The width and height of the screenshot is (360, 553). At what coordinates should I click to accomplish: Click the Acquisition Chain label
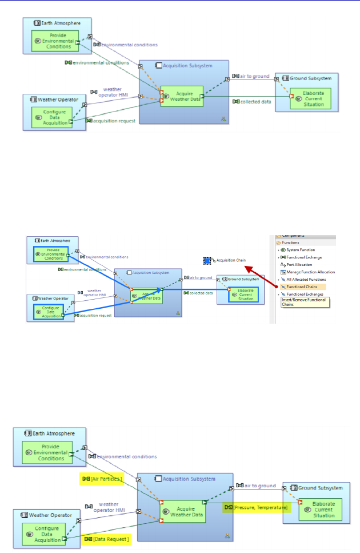231,260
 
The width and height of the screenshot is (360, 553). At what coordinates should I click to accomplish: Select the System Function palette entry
299,250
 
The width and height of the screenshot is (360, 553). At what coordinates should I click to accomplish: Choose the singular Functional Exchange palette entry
302,257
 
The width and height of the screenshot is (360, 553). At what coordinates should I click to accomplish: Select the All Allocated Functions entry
303,280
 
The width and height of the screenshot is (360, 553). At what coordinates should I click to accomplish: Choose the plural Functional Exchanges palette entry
303,294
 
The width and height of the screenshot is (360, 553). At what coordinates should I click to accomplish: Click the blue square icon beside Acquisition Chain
208,260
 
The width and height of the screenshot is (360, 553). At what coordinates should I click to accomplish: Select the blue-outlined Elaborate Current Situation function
243,294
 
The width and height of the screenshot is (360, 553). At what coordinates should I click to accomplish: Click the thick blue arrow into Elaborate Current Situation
194,289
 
